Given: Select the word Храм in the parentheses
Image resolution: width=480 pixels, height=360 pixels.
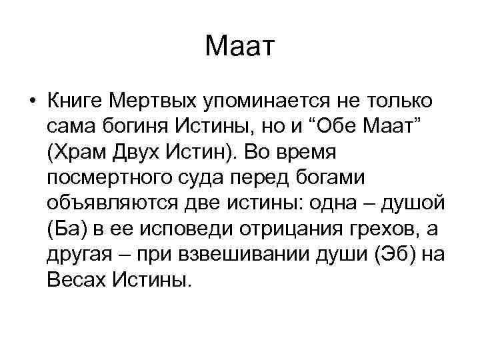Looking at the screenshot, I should coord(80,151).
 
